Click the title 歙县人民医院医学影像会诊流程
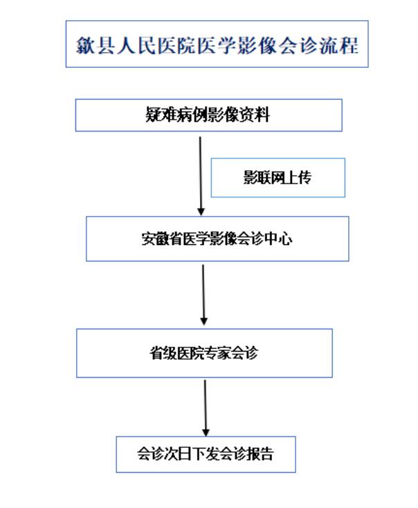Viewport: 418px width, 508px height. (217, 44)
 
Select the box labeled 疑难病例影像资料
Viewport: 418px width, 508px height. (209, 115)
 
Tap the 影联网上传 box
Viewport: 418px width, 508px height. (278, 178)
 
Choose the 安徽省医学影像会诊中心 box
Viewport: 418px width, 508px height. (217, 239)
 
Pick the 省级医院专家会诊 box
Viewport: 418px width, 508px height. (204, 353)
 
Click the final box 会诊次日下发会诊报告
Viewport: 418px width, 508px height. (206, 454)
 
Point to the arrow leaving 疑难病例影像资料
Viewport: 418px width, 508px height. (201, 176)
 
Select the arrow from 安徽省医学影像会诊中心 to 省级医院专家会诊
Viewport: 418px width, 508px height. (203, 295)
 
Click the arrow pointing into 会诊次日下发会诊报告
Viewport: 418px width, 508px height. (206, 408)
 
